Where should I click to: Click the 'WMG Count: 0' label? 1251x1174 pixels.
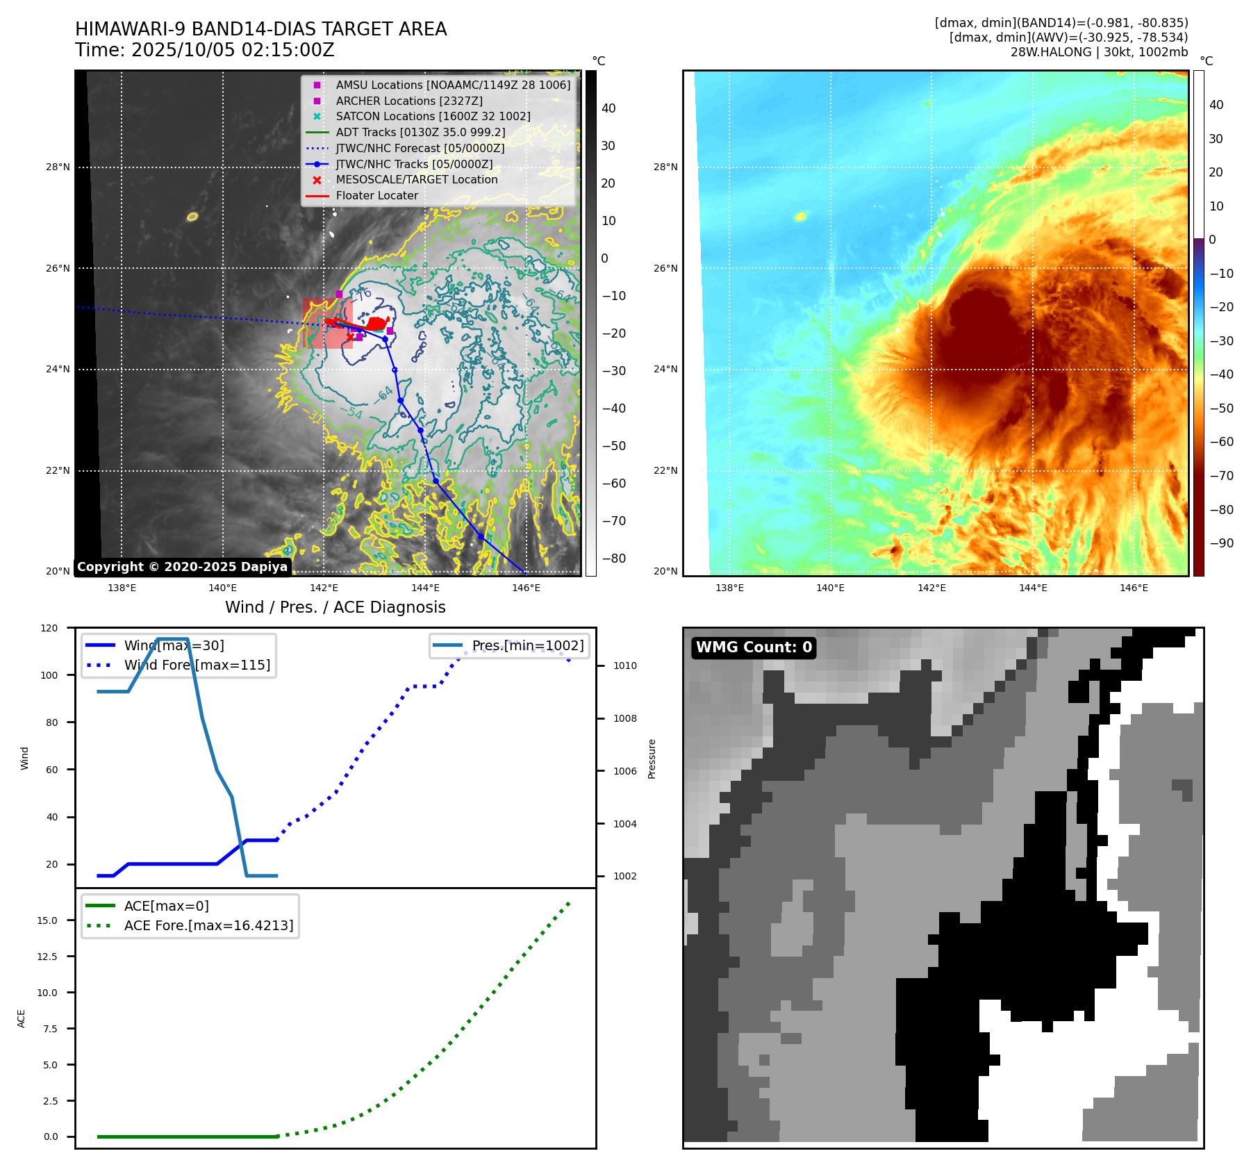coord(754,647)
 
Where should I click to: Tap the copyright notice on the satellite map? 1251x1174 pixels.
coord(182,567)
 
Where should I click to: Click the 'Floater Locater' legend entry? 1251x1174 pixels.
coord(376,196)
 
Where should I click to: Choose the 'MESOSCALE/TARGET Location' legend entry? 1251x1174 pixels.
coord(416,180)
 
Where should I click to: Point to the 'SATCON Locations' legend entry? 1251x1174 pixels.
coord(433,117)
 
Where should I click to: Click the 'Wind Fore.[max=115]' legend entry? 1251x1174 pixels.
coord(197,665)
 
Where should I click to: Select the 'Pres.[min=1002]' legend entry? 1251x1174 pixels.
coord(527,645)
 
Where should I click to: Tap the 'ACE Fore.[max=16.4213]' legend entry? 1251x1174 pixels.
coord(208,925)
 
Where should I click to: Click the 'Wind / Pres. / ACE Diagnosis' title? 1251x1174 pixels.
coord(335,607)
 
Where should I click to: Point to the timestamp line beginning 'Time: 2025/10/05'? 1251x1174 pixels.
coord(205,50)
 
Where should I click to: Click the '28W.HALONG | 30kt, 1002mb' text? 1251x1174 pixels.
coord(1099,52)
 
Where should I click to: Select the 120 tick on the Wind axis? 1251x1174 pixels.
coord(49,628)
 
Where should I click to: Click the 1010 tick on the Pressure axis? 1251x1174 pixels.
coord(625,665)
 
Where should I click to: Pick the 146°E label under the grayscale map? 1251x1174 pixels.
coord(526,588)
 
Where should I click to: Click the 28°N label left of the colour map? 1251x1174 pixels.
coord(665,167)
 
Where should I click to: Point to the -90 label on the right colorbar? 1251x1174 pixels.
coord(1221,543)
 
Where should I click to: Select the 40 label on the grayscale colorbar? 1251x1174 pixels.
coord(608,108)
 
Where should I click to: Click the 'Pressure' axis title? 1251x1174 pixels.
coord(652,759)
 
